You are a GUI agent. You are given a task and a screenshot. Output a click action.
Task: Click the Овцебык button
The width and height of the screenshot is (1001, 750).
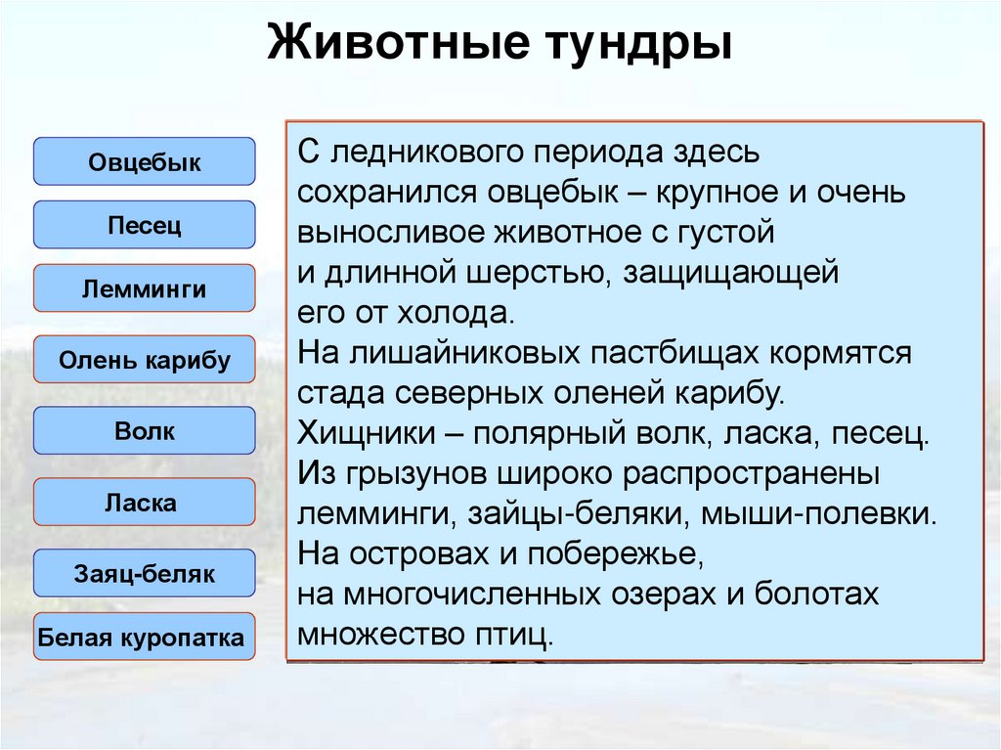point(145,162)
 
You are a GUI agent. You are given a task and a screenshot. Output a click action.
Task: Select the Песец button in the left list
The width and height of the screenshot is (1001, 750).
point(145,226)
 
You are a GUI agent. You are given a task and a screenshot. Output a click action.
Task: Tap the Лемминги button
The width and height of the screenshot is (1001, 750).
point(145,289)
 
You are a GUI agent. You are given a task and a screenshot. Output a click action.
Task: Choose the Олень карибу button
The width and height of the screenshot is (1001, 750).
point(145,360)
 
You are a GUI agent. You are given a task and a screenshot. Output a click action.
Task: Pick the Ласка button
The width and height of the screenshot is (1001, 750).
point(145,504)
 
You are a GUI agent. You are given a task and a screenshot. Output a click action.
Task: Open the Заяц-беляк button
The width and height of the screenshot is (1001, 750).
point(145,574)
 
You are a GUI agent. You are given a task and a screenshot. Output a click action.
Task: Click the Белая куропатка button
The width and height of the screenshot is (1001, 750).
point(141,639)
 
